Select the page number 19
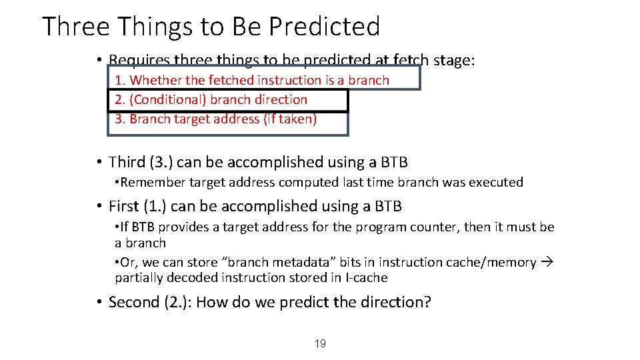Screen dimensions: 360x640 [320, 343]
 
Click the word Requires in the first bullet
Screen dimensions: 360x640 [138, 61]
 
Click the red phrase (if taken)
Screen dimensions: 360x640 [290, 119]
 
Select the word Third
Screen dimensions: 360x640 [127, 162]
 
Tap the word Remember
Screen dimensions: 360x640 [151, 182]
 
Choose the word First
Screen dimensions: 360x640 [124, 207]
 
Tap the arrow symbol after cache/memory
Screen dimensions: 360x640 [547, 262]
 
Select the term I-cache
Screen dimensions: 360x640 [366, 277]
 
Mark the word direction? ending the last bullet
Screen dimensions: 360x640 [397, 302]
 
